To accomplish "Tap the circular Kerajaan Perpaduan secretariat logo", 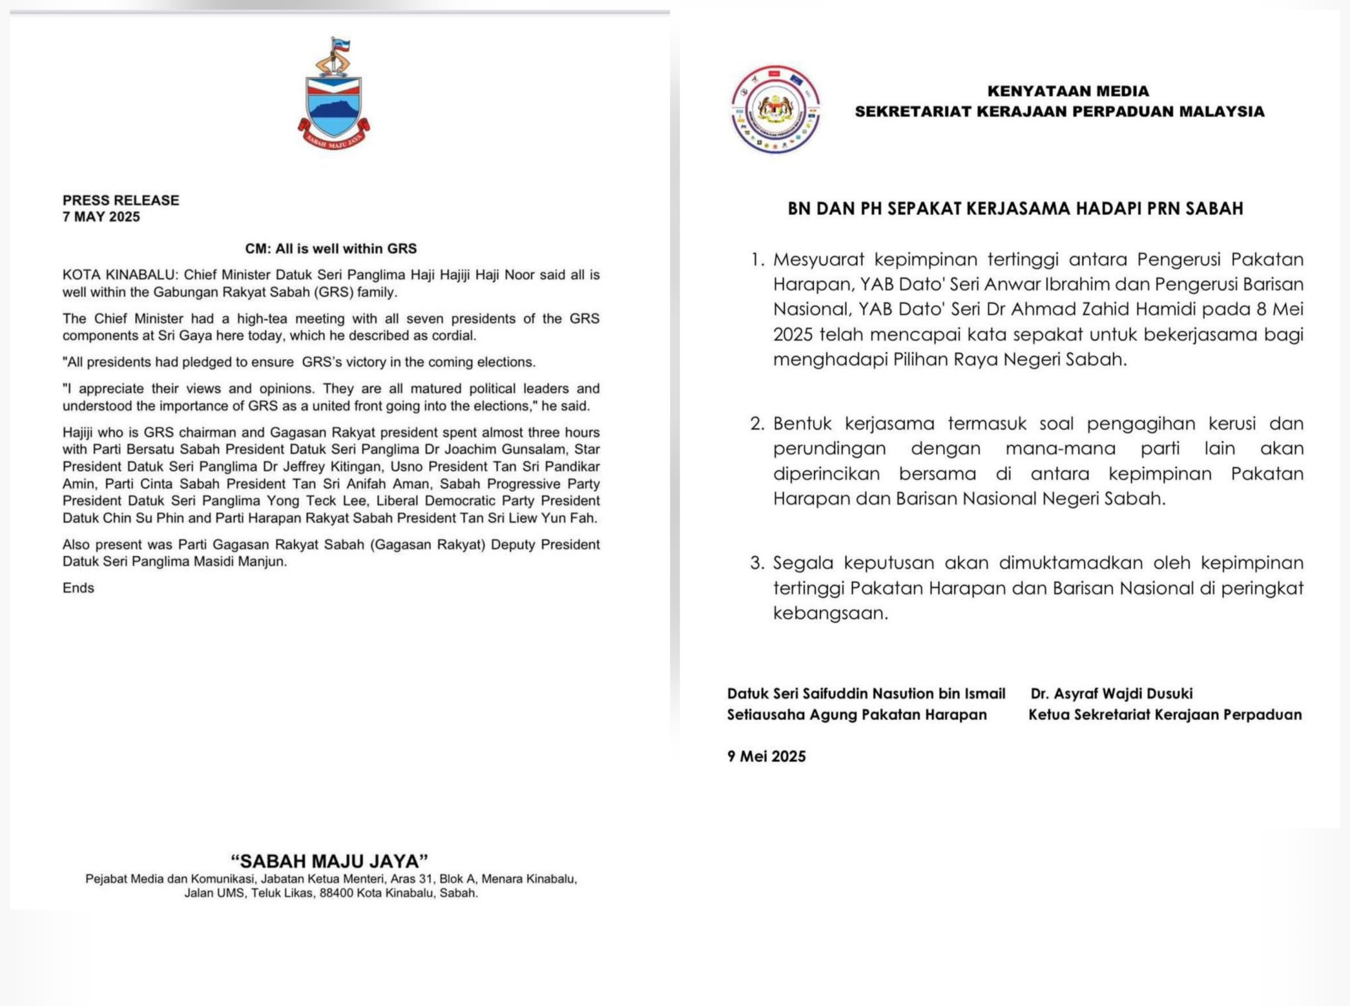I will tap(775, 110).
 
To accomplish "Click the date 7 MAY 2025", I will tap(101, 217).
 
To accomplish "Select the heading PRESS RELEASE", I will tap(121, 200).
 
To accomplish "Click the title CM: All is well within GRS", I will tap(331, 248).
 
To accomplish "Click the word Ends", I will tap(78, 588).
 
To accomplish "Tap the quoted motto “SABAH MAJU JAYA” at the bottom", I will tap(330, 861).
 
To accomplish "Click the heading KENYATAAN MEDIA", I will tap(1068, 91).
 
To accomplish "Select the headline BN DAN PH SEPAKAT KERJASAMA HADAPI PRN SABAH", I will tap(1015, 209).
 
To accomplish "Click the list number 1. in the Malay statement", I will tap(757, 260).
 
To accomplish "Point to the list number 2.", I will tap(757, 424).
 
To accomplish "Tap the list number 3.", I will tap(757, 563).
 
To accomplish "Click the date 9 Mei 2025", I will tap(766, 756).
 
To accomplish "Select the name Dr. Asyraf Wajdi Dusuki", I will tap(1111, 694).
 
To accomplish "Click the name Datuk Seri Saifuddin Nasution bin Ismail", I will tap(866, 694).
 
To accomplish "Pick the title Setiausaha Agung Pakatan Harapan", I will tap(856, 715).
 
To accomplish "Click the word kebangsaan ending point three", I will tap(830, 613).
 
